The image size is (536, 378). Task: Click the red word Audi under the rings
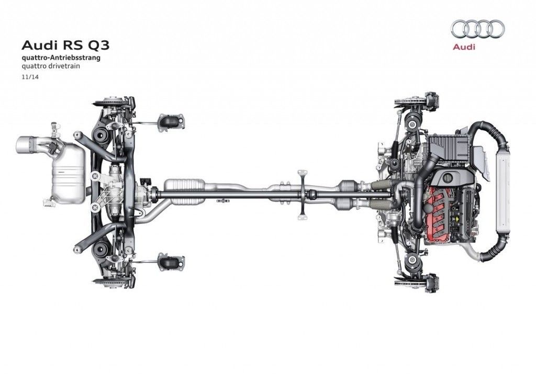tap(464, 47)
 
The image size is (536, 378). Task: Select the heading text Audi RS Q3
tap(66, 45)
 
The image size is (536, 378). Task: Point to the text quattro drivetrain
tap(51, 66)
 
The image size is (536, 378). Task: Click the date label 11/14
tap(30, 77)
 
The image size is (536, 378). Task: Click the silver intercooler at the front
tap(502, 188)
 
